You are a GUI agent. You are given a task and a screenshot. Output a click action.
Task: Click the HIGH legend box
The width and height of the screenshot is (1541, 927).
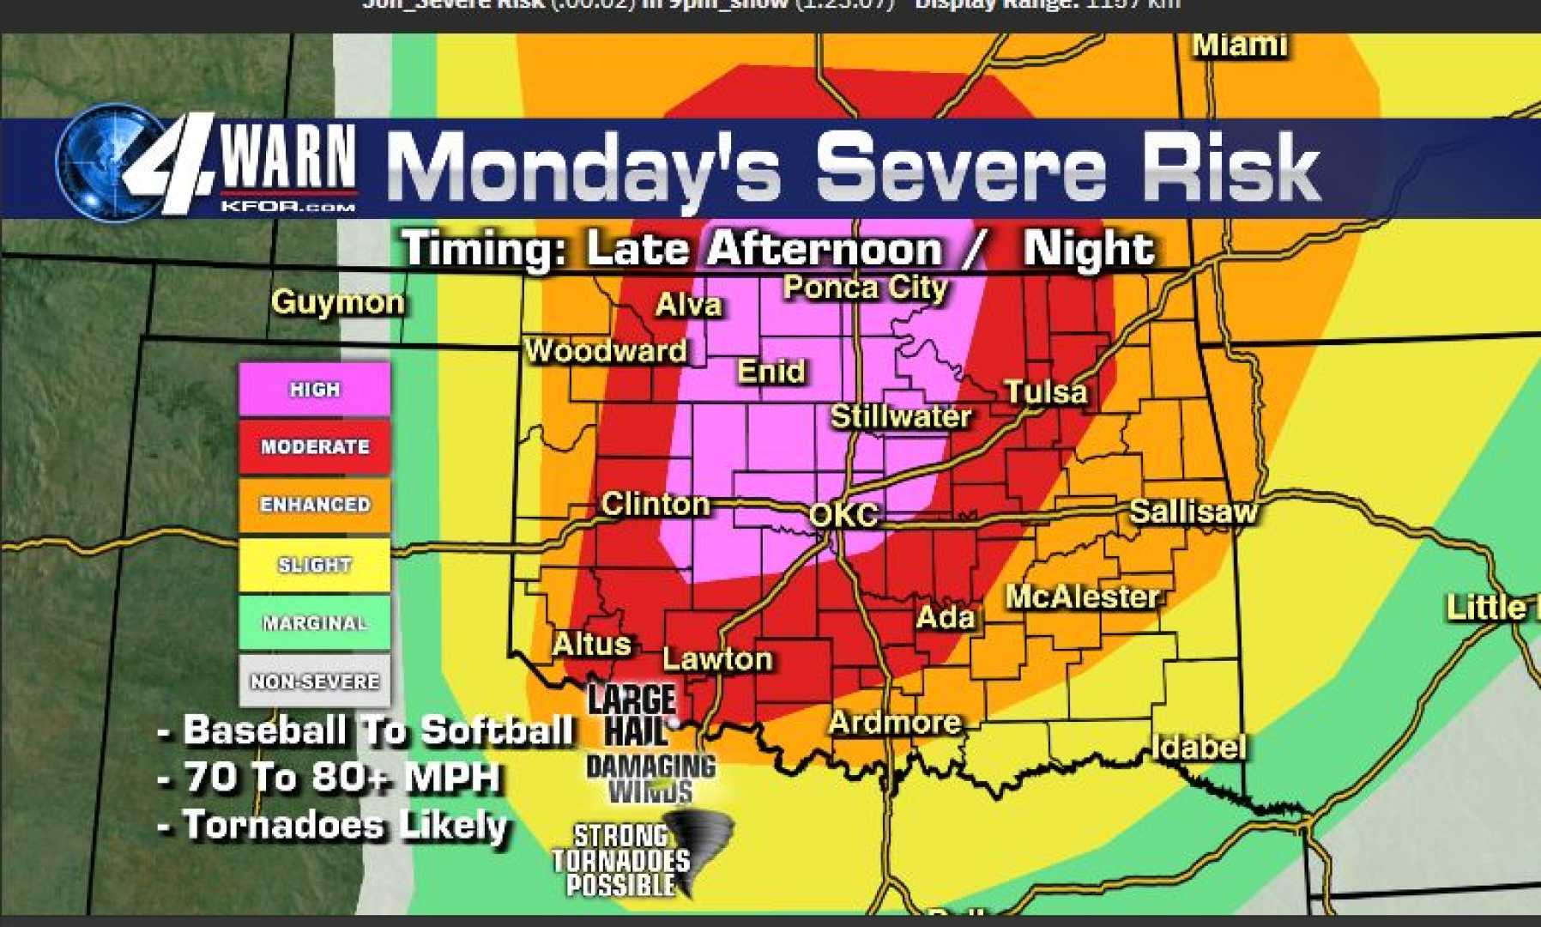(x=314, y=390)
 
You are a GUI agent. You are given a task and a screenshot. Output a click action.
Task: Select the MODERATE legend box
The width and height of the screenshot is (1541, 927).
(x=314, y=446)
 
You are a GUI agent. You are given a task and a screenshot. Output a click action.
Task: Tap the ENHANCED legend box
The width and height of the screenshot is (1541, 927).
(x=314, y=505)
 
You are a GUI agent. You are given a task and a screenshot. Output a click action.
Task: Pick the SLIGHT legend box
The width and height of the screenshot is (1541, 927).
(x=314, y=565)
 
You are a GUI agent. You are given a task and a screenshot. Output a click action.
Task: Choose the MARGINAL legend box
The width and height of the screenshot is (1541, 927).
(x=314, y=623)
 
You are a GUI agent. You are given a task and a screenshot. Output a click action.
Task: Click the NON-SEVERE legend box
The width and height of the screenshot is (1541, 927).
(x=314, y=682)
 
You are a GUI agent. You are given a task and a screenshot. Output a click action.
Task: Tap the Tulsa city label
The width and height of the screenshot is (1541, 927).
(x=1046, y=392)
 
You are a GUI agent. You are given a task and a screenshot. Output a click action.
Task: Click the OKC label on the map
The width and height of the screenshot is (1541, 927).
(x=844, y=515)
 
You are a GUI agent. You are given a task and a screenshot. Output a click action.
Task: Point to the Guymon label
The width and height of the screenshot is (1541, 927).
(x=337, y=302)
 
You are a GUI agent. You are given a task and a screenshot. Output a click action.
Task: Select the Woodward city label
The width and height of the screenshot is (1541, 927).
(x=606, y=350)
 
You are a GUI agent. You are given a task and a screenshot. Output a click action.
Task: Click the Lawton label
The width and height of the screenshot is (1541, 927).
(x=717, y=659)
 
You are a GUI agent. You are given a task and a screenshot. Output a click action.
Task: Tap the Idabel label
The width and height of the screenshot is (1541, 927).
(x=1198, y=747)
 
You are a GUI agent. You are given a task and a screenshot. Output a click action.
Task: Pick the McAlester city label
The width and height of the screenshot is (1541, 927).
(x=1083, y=597)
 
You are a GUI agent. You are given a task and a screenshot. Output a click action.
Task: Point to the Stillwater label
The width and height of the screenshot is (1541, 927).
(x=900, y=417)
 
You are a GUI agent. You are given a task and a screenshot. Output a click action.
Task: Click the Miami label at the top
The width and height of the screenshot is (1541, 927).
(x=1239, y=45)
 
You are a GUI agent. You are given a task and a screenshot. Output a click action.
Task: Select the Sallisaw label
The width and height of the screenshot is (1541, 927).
(x=1193, y=512)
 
